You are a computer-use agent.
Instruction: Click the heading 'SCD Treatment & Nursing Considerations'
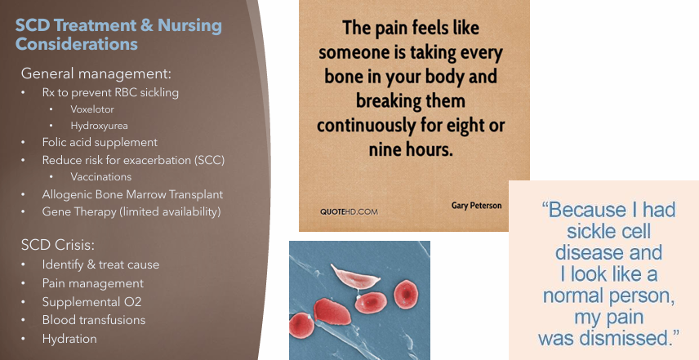click(118, 33)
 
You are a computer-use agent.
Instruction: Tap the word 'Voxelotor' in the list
click(93, 109)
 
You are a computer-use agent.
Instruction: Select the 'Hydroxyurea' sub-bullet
click(100, 126)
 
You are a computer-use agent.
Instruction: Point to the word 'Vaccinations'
click(100, 176)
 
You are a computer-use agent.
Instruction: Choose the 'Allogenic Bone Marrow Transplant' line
click(132, 194)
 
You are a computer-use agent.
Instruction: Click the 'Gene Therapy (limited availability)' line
click(131, 211)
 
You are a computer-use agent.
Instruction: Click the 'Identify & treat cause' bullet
click(100, 264)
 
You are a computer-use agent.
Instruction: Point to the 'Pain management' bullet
click(92, 283)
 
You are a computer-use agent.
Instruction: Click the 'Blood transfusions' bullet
click(94, 320)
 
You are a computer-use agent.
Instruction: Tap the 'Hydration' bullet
click(69, 339)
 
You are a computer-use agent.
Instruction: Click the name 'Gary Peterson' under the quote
click(477, 206)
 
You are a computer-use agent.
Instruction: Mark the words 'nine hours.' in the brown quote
click(412, 151)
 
